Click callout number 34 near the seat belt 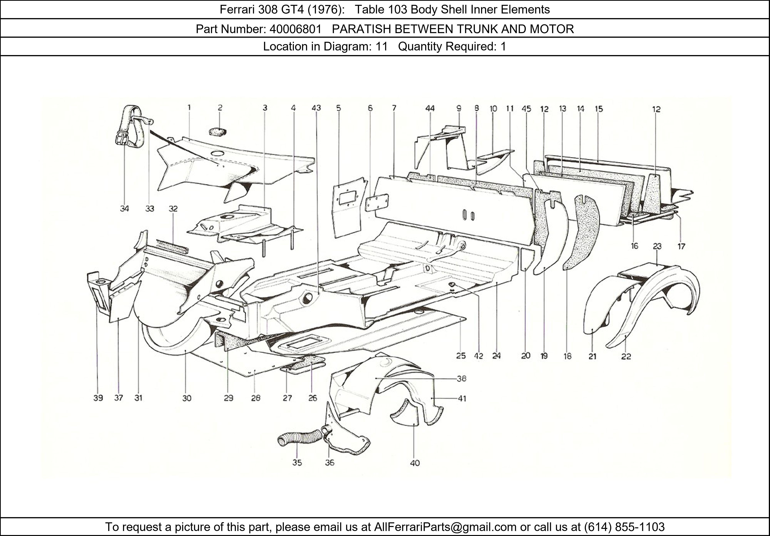pos(124,209)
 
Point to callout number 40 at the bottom pos(415,463)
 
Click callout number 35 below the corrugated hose pos(297,462)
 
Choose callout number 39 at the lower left pos(98,398)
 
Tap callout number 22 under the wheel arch pos(626,357)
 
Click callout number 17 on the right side pos(681,247)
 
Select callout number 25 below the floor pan pos(461,356)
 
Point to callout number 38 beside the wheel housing pos(461,379)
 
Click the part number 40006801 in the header pos(295,29)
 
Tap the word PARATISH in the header pos(361,29)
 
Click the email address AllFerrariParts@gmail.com pos(445,527)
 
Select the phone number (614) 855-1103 pos(624,527)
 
